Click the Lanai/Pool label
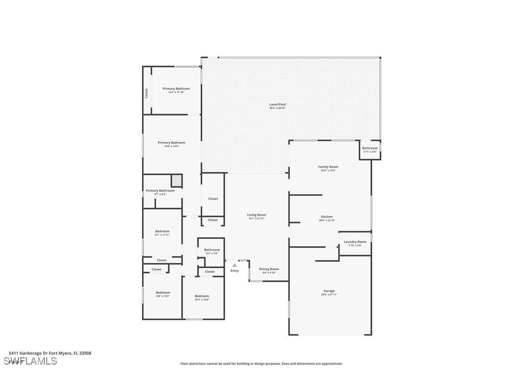pos(277,104)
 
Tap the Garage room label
pos(329,291)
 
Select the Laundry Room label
pos(355,242)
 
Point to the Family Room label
pos(328,167)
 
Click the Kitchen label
pos(327,217)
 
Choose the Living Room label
pos(257,215)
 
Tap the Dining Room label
pos(269,269)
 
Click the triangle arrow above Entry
pos(235,265)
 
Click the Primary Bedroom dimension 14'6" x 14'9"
pos(171,146)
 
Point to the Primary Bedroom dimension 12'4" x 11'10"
pos(176,92)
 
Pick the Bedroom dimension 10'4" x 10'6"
pos(202,300)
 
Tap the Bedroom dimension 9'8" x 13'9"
pos(163,296)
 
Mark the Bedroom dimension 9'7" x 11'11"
pos(162,235)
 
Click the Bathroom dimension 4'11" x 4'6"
pos(370,152)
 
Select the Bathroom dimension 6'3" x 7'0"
pos(212,253)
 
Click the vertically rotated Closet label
pos(147,93)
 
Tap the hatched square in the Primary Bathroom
pos(177,180)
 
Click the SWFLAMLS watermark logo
pos(30,361)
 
